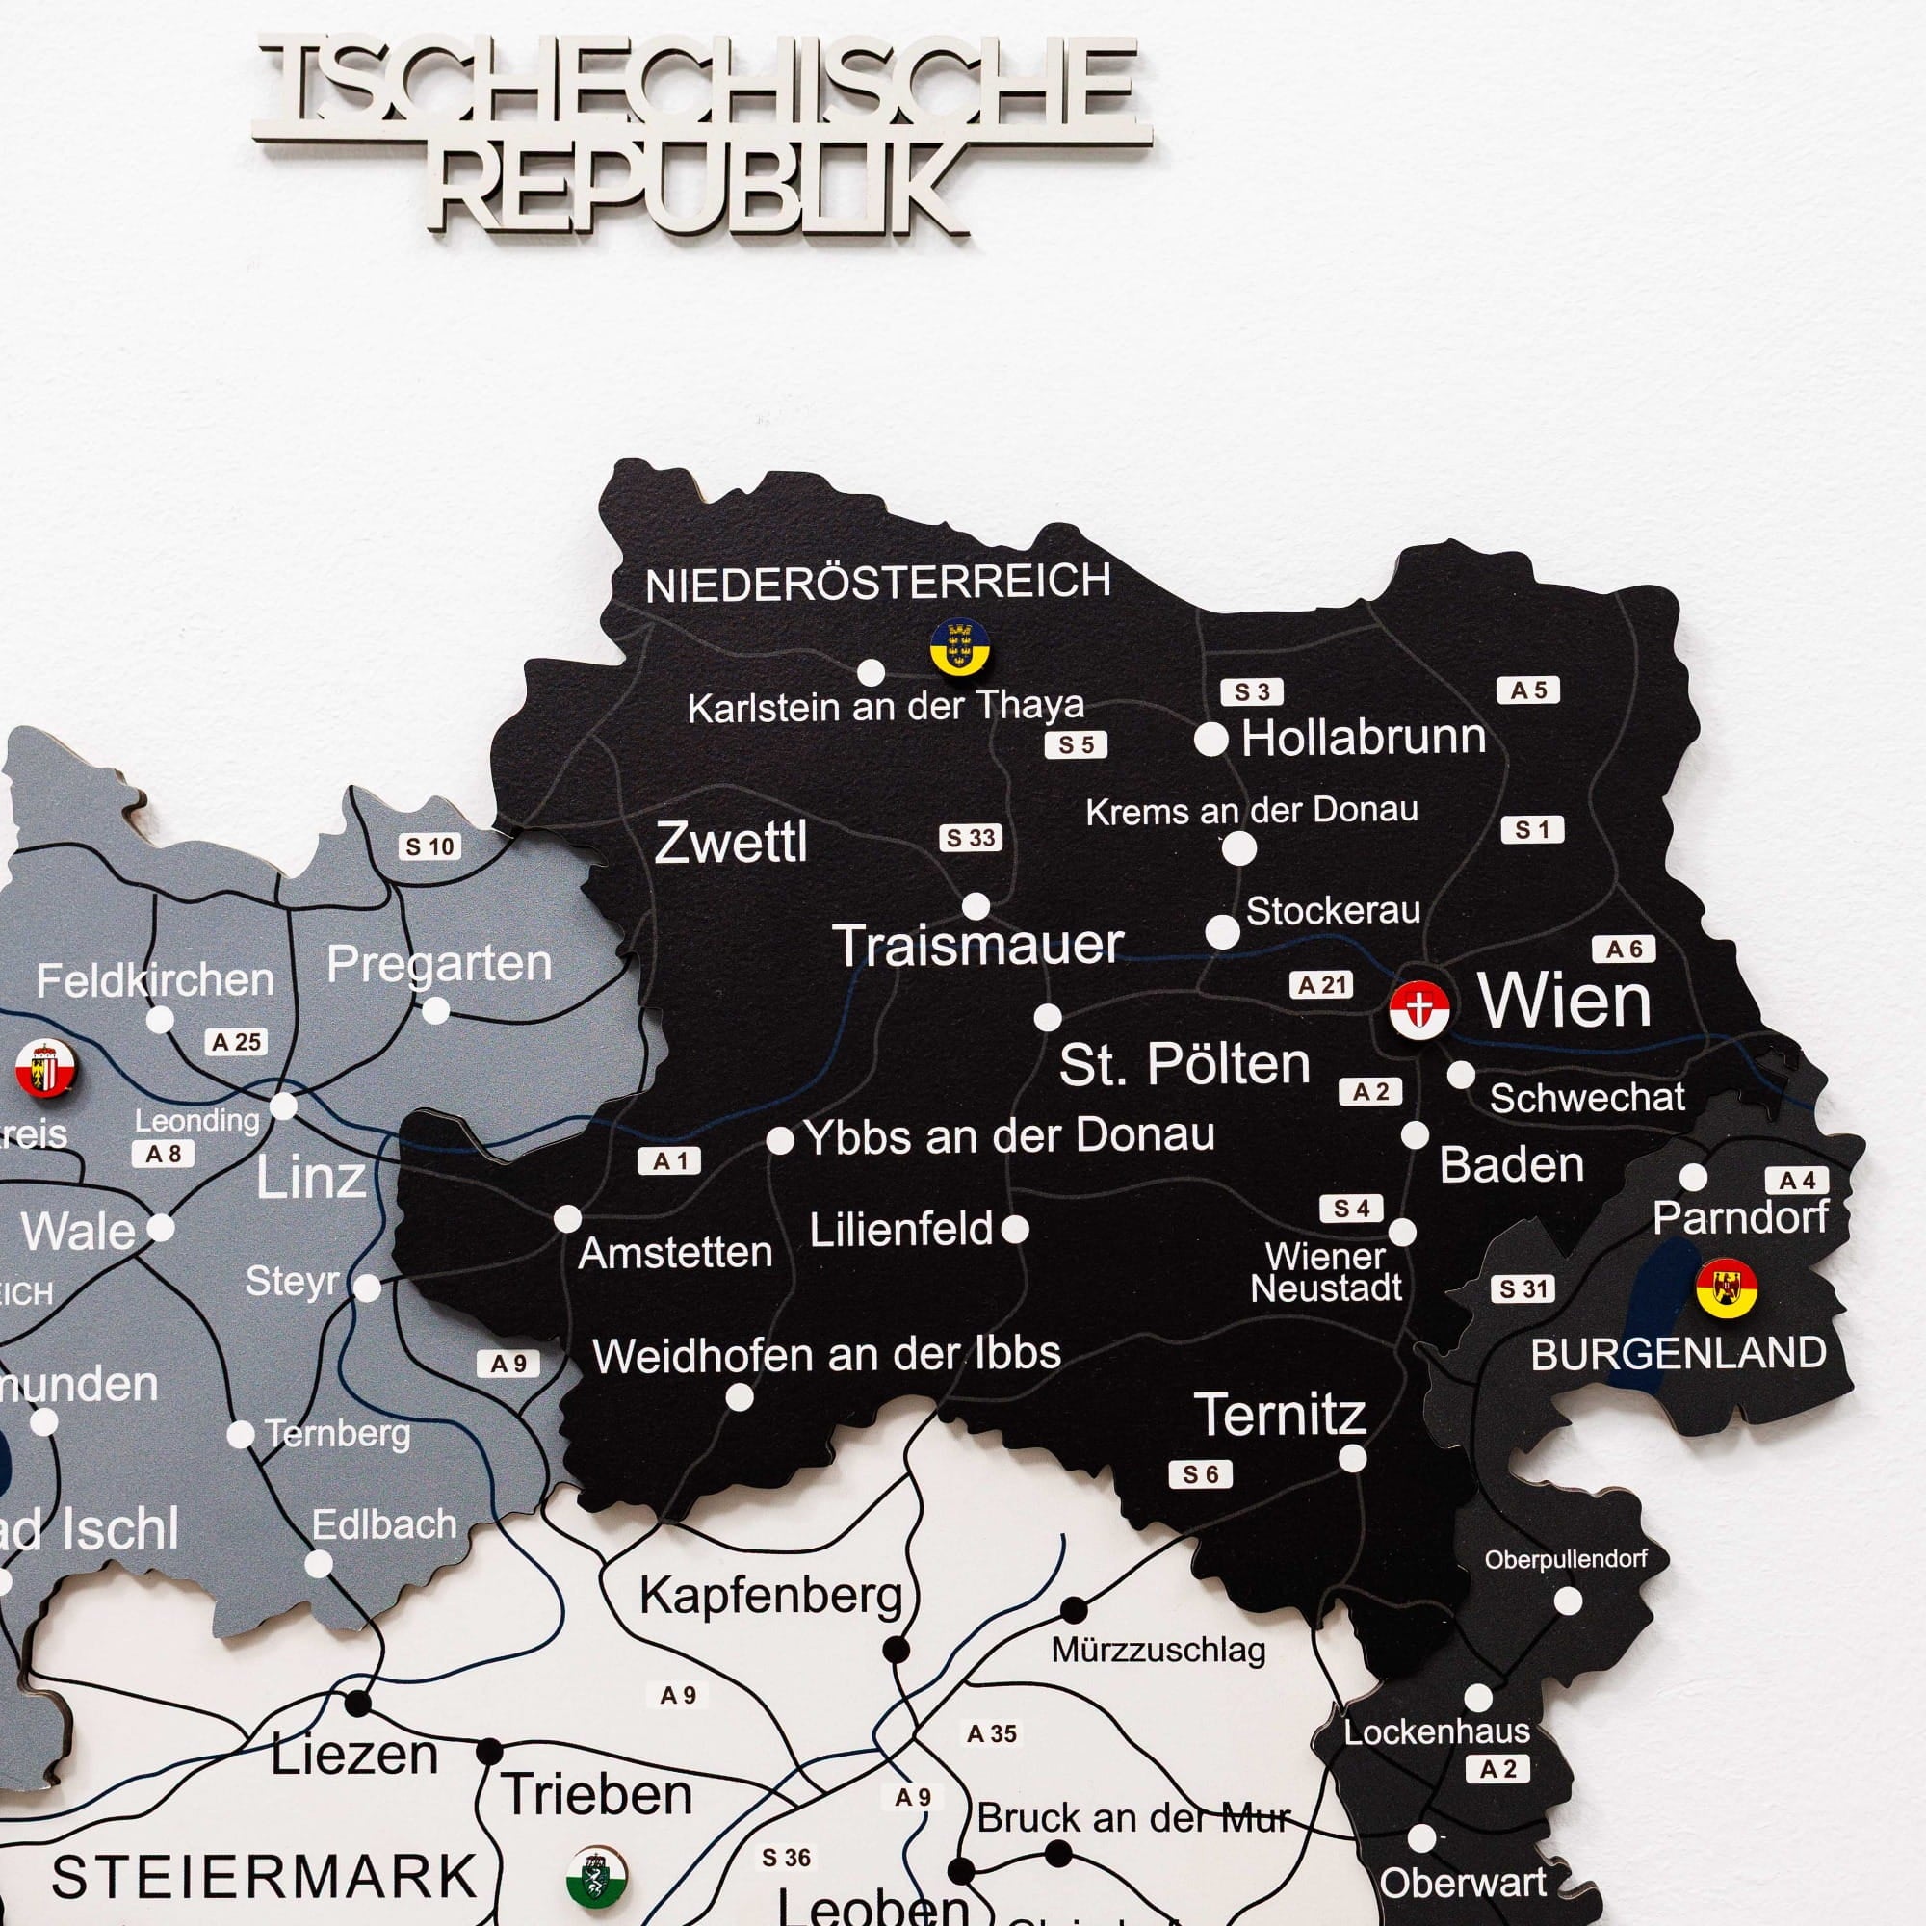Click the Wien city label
click(1564, 1000)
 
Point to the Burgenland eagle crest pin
click(1726, 1287)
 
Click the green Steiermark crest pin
click(596, 1874)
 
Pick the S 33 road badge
click(970, 838)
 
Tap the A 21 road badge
click(1322, 985)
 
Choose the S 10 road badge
click(429, 846)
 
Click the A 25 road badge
click(236, 1042)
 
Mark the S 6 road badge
click(1200, 1474)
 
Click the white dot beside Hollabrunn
click(1210, 740)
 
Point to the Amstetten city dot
click(567, 1218)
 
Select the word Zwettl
click(731, 844)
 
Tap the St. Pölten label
click(1184, 1064)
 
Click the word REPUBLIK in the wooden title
click(703, 188)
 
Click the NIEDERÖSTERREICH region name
click(877, 582)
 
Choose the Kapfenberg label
click(770, 1594)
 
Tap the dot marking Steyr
click(368, 1288)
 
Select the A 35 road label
click(992, 1733)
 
